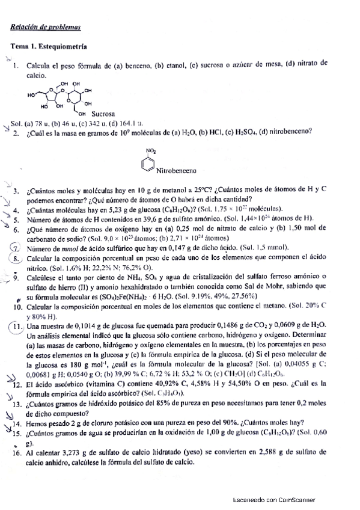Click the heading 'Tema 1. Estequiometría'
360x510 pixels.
[49, 46]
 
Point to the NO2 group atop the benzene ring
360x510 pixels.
[150, 150]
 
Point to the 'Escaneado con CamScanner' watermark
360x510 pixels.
[275, 499]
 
